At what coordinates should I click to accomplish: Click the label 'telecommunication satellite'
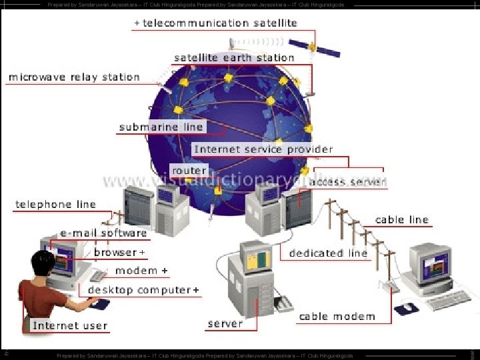[220, 23]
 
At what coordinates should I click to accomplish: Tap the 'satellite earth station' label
[234, 58]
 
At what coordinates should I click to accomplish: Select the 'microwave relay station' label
[74, 77]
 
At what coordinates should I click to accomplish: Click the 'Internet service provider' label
[263, 149]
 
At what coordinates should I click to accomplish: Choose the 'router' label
[189, 171]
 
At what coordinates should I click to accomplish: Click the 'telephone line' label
[56, 205]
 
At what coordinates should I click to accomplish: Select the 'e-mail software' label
[103, 233]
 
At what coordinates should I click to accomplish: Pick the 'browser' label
[115, 253]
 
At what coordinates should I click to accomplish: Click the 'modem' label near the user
[137, 271]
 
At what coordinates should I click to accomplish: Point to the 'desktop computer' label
[139, 290]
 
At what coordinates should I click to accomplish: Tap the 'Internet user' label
[70, 325]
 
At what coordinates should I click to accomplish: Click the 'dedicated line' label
[328, 253]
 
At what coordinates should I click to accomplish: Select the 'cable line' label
[402, 219]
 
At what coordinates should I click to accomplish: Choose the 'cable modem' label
[337, 317]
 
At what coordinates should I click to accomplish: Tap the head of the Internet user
[42, 263]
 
